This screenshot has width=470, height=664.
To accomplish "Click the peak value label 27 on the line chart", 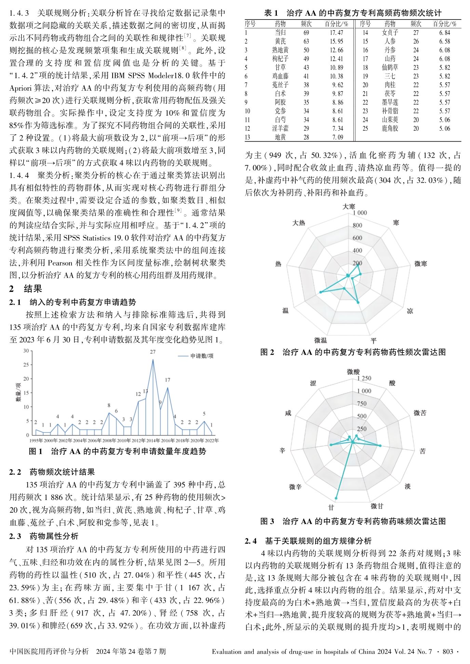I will [x=153, y=352].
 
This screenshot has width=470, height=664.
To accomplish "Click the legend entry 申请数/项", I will [x=202, y=356].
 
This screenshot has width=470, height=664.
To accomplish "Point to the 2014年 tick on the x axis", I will [x=153, y=440].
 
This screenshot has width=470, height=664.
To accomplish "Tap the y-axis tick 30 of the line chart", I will [x=26, y=351].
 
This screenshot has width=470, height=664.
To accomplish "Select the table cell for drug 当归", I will [x=280, y=33].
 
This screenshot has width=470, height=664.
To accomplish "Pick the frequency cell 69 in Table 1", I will [x=306, y=33].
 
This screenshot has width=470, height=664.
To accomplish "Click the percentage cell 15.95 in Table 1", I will [x=336, y=41].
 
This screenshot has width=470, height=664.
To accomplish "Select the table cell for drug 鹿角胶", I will [x=390, y=129].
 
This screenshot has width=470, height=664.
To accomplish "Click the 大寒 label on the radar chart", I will [x=349, y=206].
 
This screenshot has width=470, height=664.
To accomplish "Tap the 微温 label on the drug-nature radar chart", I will [x=321, y=340].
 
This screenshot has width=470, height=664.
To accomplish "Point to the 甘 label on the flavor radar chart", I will [x=331, y=507].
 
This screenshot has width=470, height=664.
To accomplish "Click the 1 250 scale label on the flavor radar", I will [x=364, y=378].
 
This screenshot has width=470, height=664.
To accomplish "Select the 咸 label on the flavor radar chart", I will [x=288, y=413].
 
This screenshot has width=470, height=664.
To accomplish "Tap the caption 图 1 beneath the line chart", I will [x=36, y=451].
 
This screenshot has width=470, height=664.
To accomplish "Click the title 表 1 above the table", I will [x=271, y=13].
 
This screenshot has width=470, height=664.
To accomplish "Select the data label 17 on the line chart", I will [x=167, y=380].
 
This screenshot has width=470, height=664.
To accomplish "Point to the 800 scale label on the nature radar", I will [x=357, y=225].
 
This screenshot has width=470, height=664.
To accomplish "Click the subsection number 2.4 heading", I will [x=251, y=541].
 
